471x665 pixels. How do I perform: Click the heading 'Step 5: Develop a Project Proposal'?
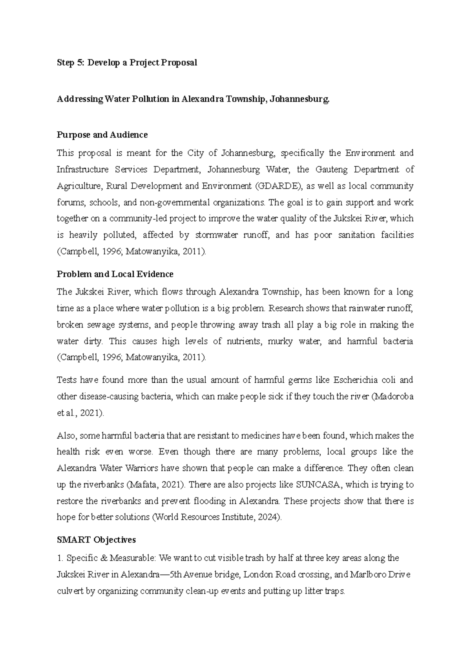pos(127,63)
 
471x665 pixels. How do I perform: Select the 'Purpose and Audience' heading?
pos(102,135)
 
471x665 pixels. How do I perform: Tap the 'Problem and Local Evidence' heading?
pos(115,274)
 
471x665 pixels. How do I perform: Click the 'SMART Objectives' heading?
pos(96,540)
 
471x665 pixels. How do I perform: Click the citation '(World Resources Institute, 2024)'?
pos(216,517)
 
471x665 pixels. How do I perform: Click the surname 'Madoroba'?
pos(393,396)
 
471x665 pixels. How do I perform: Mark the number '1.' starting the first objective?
pos(60,558)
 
